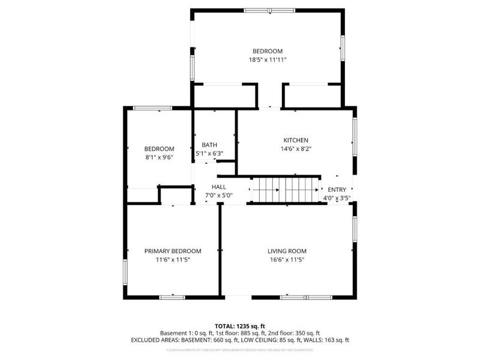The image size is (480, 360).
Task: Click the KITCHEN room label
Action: point(296,140)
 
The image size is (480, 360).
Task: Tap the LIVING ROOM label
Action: point(287,251)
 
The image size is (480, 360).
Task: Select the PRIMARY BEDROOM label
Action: point(173,251)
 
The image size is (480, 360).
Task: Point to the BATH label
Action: point(209,145)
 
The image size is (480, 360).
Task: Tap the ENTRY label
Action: point(337,189)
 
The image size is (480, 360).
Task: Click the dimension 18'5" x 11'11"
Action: point(267,60)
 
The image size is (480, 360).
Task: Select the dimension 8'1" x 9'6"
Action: point(159,158)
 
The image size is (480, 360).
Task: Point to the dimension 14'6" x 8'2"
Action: point(296,149)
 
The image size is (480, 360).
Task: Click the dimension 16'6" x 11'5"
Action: point(287,260)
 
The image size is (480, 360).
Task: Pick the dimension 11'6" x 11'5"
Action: point(173,260)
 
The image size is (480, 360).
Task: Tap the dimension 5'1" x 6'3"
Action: point(209,154)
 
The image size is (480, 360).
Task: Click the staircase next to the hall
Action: point(284,190)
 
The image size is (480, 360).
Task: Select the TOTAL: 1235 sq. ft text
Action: point(240,325)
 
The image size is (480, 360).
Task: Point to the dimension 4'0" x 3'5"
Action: point(337,197)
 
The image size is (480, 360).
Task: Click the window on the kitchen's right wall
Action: point(355,133)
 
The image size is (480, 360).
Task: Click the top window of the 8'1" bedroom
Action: point(152,108)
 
